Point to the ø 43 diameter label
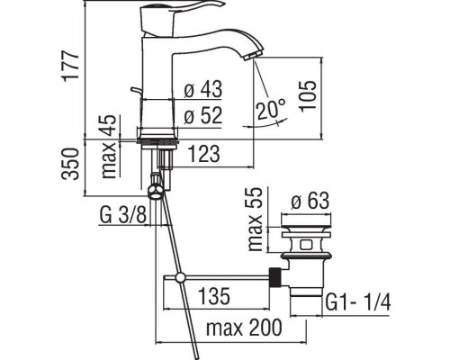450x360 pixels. coord(203,91)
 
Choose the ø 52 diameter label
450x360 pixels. coord(203,115)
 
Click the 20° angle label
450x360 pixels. coord(269,110)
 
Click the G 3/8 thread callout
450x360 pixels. coord(119,216)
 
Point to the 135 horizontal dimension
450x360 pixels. coord(212,295)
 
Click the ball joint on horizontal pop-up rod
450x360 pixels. coord(180,277)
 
